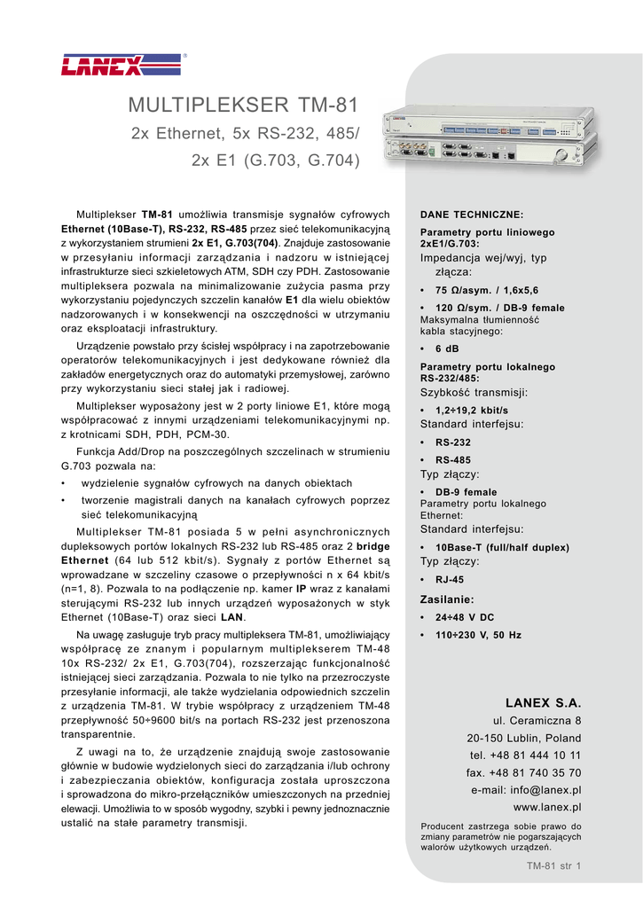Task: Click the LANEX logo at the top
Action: [x=105, y=65]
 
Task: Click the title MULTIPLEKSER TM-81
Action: [x=244, y=106]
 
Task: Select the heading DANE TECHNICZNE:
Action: [x=472, y=215]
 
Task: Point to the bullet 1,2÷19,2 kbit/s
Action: [x=471, y=411]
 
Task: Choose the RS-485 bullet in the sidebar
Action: [x=452, y=459]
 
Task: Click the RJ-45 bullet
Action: [x=449, y=579]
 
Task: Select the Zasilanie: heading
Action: [x=446, y=599]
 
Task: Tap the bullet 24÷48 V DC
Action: [x=465, y=617]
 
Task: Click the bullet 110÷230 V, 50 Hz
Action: [x=478, y=635]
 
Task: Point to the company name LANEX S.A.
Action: [x=543, y=702]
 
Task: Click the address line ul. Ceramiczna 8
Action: [x=537, y=720]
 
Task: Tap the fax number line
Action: [x=523, y=772]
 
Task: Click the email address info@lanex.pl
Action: [x=526, y=790]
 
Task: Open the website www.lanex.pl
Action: [x=547, y=807]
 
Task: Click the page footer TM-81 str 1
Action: [x=553, y=865]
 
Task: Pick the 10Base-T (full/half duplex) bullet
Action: [x=502, y=548]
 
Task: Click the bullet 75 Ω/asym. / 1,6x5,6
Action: [x=486, y=290]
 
